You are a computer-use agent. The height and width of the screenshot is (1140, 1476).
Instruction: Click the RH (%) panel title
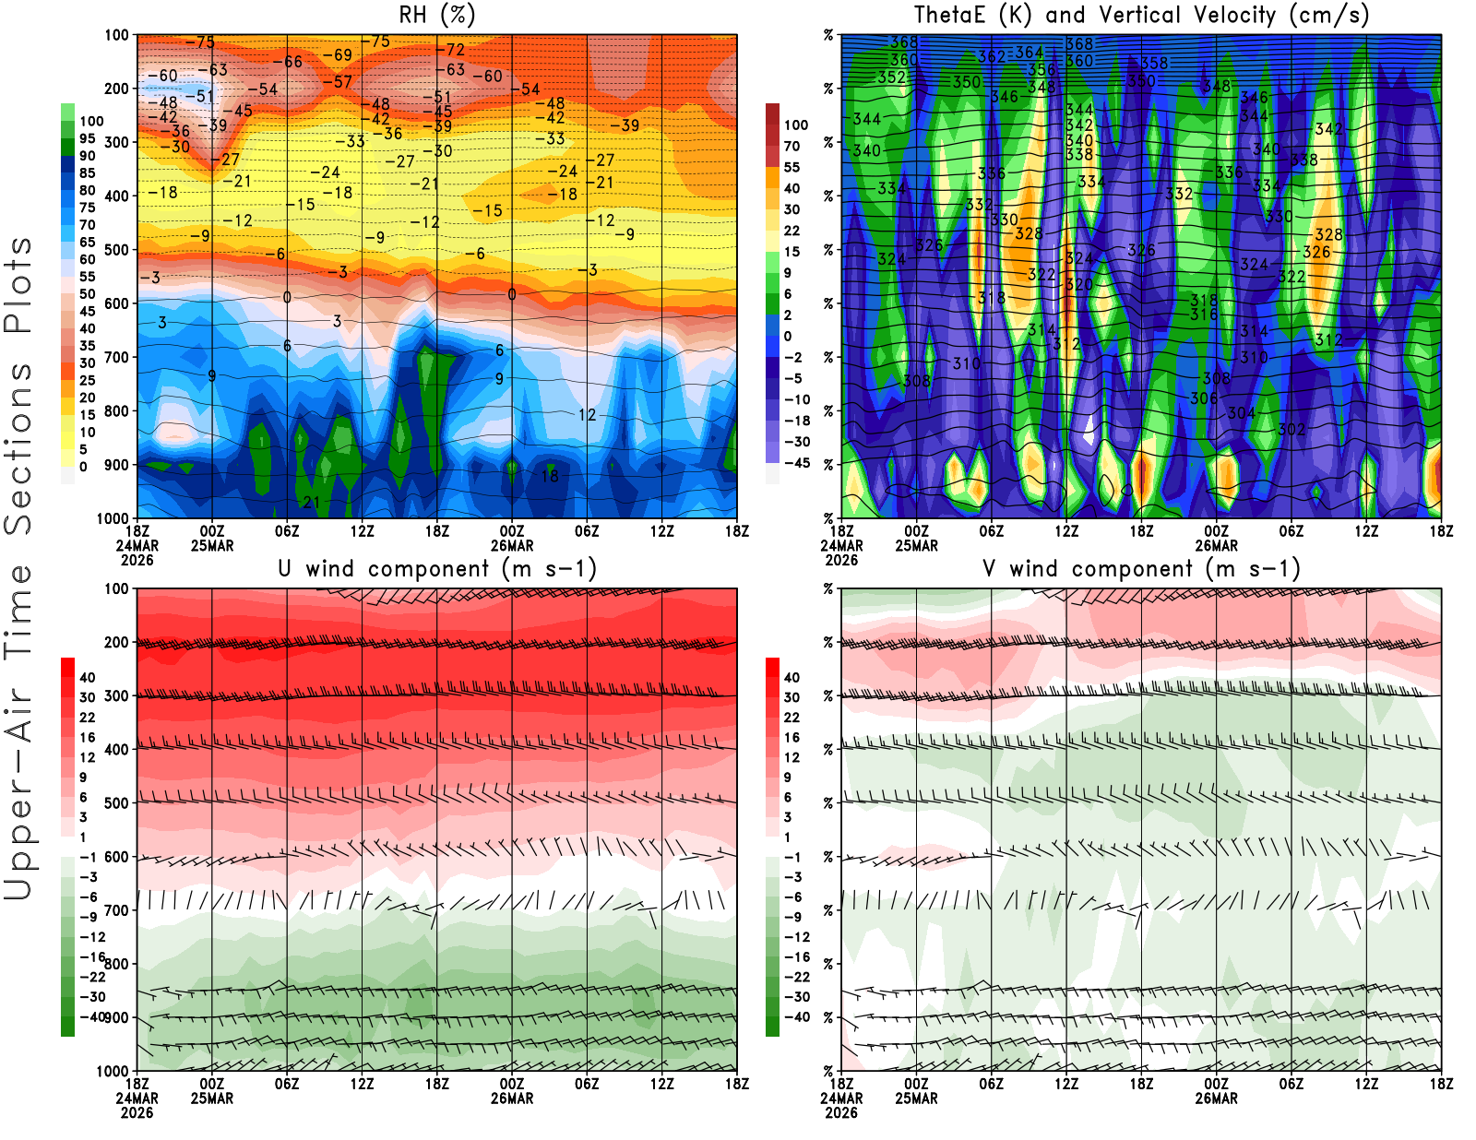436,15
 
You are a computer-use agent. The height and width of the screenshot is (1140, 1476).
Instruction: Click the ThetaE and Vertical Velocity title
1141,15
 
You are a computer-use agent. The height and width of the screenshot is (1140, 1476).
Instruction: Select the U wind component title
437,568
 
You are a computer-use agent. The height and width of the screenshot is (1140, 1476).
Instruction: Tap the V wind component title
1141,568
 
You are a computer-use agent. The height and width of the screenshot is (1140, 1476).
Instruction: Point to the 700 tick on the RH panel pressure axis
117,357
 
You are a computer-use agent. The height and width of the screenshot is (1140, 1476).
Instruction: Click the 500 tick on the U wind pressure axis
117,802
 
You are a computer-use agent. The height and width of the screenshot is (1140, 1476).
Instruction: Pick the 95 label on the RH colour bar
87,138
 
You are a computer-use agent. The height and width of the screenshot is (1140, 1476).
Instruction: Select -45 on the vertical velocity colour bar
797,463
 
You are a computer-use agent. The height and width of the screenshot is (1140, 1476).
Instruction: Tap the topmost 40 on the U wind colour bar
87,677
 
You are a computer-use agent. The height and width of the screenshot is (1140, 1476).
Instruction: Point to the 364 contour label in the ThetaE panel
1029,53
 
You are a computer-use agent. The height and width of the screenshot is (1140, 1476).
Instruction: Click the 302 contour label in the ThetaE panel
1291,429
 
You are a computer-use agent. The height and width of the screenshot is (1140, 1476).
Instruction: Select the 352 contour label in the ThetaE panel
891,77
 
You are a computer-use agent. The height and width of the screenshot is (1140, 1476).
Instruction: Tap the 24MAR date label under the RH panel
137,545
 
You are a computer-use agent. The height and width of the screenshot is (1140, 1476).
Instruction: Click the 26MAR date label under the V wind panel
1216,1098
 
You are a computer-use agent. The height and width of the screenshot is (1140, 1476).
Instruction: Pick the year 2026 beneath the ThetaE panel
841,560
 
